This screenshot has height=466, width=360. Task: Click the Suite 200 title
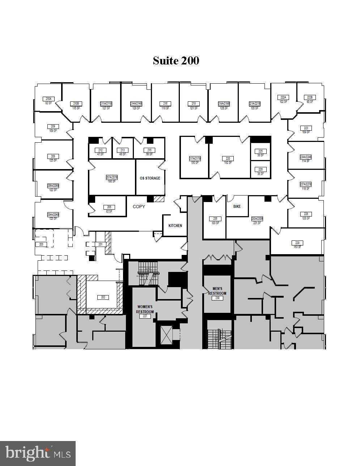point(176,60)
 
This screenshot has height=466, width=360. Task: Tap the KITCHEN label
point(175,226)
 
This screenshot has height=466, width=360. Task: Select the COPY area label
point(139,206)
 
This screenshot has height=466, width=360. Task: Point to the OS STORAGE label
point(150,178)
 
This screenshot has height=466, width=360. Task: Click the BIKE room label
point(237,206)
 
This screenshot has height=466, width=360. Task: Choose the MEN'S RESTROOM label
point(217,291)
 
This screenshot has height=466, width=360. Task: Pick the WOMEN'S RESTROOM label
point(145,309)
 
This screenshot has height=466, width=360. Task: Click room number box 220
point(228,159)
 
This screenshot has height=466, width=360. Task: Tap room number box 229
point(297,243)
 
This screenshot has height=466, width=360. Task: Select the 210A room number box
point(48,99)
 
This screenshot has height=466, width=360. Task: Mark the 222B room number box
point(309,97)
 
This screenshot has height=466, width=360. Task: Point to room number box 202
point(103,297)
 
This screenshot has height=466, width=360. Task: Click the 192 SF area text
point(228,163)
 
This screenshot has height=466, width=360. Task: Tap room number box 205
point(109,207)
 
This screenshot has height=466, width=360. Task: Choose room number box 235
point(215,219)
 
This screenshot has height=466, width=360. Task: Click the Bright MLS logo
point(38,453)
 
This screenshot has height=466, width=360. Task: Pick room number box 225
point(261,151)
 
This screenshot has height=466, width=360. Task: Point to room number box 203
point(41,244)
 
